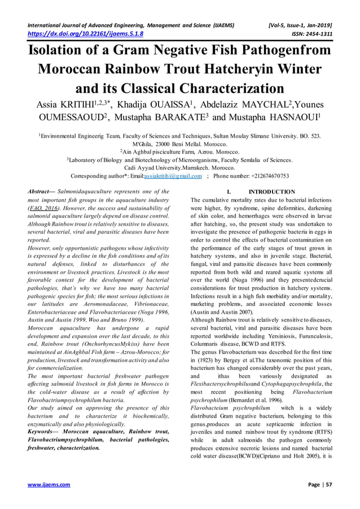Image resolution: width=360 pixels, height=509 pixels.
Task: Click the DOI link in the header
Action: coord(82,33)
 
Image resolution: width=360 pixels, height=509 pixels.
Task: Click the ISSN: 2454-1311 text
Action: coord(311,33)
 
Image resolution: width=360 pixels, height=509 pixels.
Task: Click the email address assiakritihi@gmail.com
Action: coord(173,176)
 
